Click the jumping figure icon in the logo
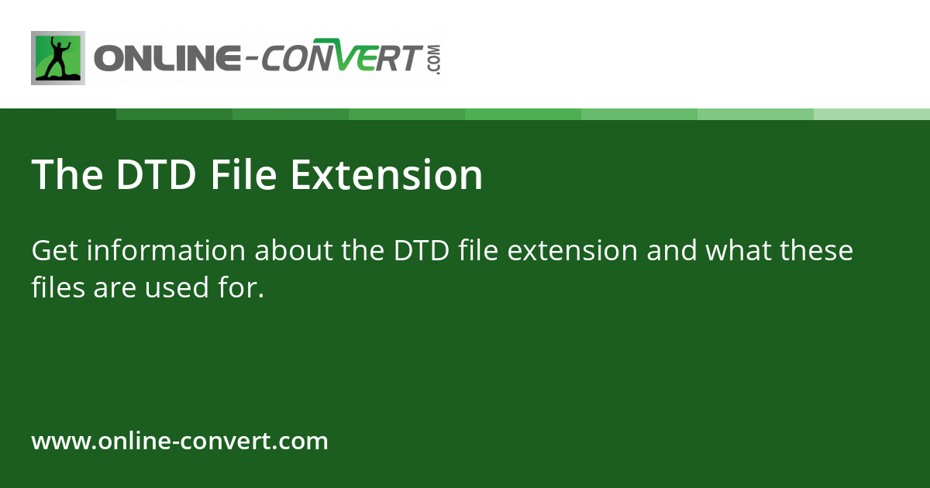(x=57, y=58)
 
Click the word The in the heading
(x=67, y=175)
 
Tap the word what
(x=732, y=251)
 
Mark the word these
(x=817, y=251)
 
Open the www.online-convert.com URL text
(x=180, y=442)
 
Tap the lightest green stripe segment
(x=872, y=114)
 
